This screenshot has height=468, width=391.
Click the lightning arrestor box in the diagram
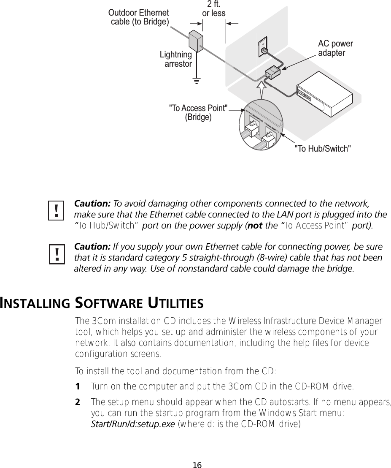[196, 41]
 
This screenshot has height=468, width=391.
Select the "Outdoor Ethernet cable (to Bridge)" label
[139, 17]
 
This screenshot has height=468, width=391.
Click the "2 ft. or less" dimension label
[214, 9]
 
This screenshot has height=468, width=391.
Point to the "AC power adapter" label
[335, 49]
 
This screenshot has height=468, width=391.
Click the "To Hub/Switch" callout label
[322, 148]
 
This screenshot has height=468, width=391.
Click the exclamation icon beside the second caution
[56, 254]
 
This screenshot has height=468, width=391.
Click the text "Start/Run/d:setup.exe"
[133, 424]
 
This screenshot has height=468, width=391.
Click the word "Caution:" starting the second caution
[92, 246]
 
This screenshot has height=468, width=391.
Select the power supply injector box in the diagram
[273, 72]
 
